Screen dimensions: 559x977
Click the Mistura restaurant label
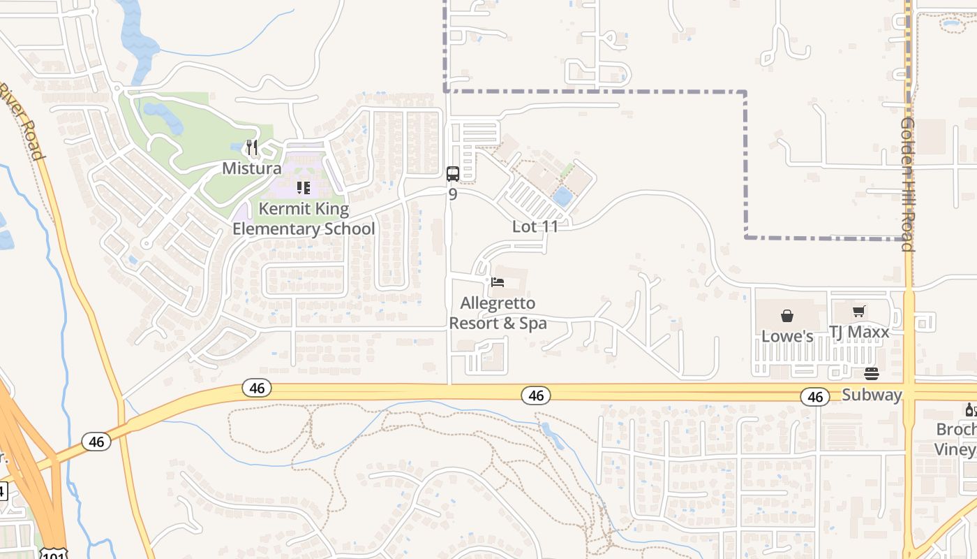[252, 168]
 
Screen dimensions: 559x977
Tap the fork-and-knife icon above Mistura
[252, 148]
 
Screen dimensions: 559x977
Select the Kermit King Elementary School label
[304, 219]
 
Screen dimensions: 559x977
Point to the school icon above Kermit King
[304, 187]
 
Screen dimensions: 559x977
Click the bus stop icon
[452, 173]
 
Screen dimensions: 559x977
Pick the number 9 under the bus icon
[452, 194]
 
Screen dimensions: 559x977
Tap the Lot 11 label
[536, 226]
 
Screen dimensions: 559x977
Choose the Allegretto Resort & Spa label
[498, 313]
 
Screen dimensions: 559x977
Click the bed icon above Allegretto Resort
[498, 282]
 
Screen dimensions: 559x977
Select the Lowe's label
[787, 336]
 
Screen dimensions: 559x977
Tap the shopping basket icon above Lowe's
[787, 316]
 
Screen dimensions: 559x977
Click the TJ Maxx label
[859, 332]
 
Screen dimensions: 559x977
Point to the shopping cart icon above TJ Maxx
[859, 312]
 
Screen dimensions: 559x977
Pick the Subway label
[872, 395]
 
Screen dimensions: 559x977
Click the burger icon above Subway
[872, 374]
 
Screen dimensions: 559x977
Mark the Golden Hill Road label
[907, 183]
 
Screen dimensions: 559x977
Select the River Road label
[24, 121]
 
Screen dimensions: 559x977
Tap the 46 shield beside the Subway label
[815, 397]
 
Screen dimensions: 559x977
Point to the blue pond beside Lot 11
[562, 196]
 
